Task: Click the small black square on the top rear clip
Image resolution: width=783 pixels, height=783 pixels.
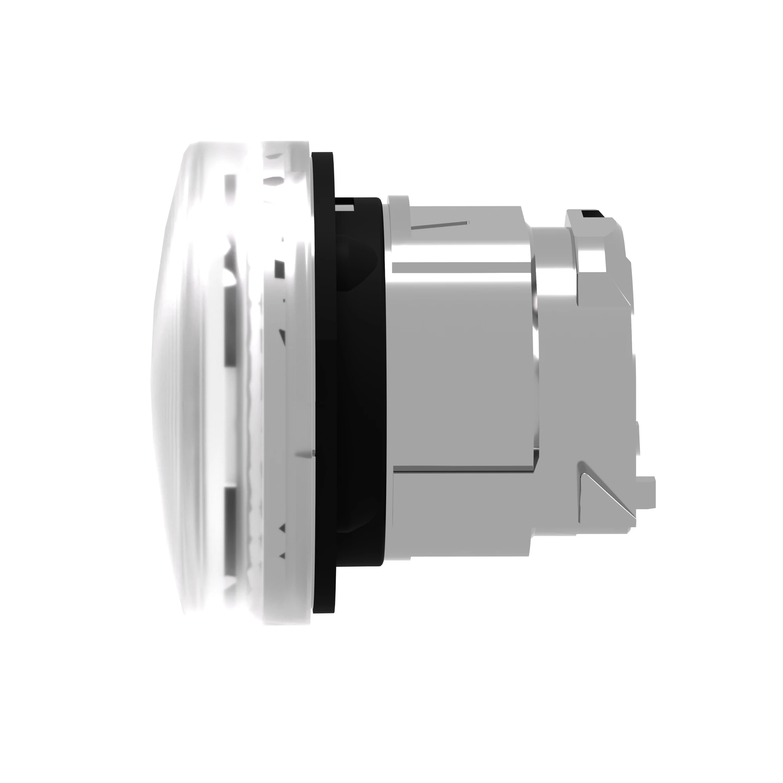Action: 586,213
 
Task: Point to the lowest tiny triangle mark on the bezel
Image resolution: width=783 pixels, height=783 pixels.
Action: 283,556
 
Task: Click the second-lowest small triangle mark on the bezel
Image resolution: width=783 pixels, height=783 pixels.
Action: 283,528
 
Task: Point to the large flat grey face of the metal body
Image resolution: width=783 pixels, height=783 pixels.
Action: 462,365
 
